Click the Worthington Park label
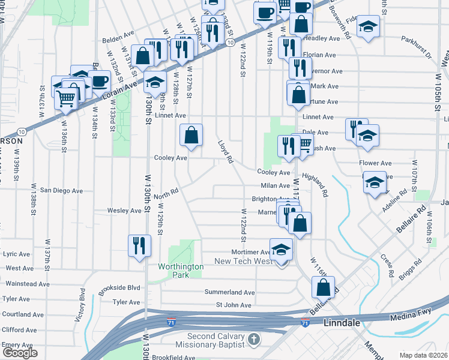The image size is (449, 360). click(x=174, y=271)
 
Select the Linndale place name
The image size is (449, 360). click(x=342, y=323)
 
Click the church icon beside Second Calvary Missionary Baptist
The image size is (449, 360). click(x=254, y=340)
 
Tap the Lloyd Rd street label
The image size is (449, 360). click(x=226, y=152)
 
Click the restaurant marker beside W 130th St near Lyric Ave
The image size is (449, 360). click(x=139, y=245)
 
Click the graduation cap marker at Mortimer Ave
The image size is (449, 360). click(x=280, y=250)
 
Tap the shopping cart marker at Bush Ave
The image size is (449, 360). click(x=305, y=143)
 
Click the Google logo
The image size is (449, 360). click(x=20, y=353)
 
